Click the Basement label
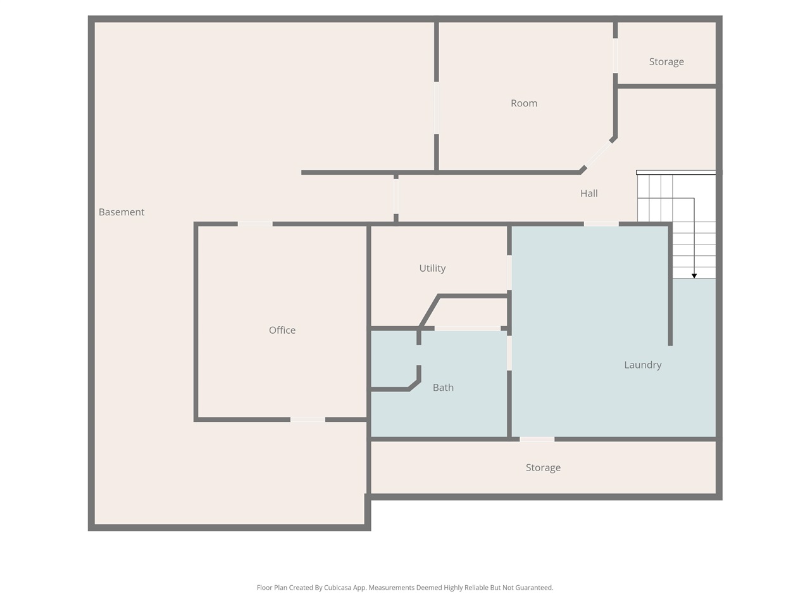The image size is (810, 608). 121,212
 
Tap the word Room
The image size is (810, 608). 523,103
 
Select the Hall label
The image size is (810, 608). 589,193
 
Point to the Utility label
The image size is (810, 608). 432,268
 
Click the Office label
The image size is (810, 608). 282,330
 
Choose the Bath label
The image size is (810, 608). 443,387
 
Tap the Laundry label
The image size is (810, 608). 642,365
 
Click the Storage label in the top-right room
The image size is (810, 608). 666,61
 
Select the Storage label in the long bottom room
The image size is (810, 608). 543,467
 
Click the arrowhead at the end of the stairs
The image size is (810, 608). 694,275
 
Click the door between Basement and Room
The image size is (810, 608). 436,108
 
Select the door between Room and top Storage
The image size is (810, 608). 615,56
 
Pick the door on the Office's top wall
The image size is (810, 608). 255,224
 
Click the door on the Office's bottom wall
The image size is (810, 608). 308,419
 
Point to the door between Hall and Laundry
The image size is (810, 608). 601,224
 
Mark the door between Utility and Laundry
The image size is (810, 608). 509,272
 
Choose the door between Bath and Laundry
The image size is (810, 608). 509,353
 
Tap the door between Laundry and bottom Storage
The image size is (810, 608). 537,439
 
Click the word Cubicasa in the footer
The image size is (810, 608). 338,587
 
